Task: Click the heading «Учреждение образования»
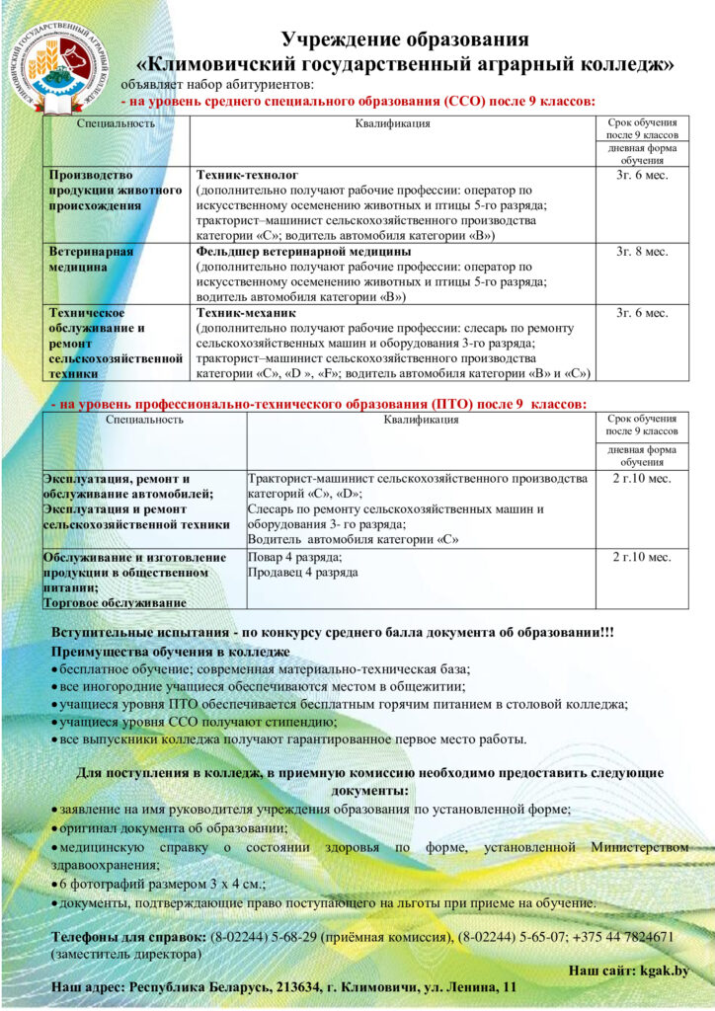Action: pos(405,39)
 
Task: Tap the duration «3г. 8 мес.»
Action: pos(642,252)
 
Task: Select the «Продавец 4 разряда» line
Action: pos(302,573)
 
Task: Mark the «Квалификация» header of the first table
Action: pos(392,124)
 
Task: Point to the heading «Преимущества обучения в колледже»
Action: pos(171,653)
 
